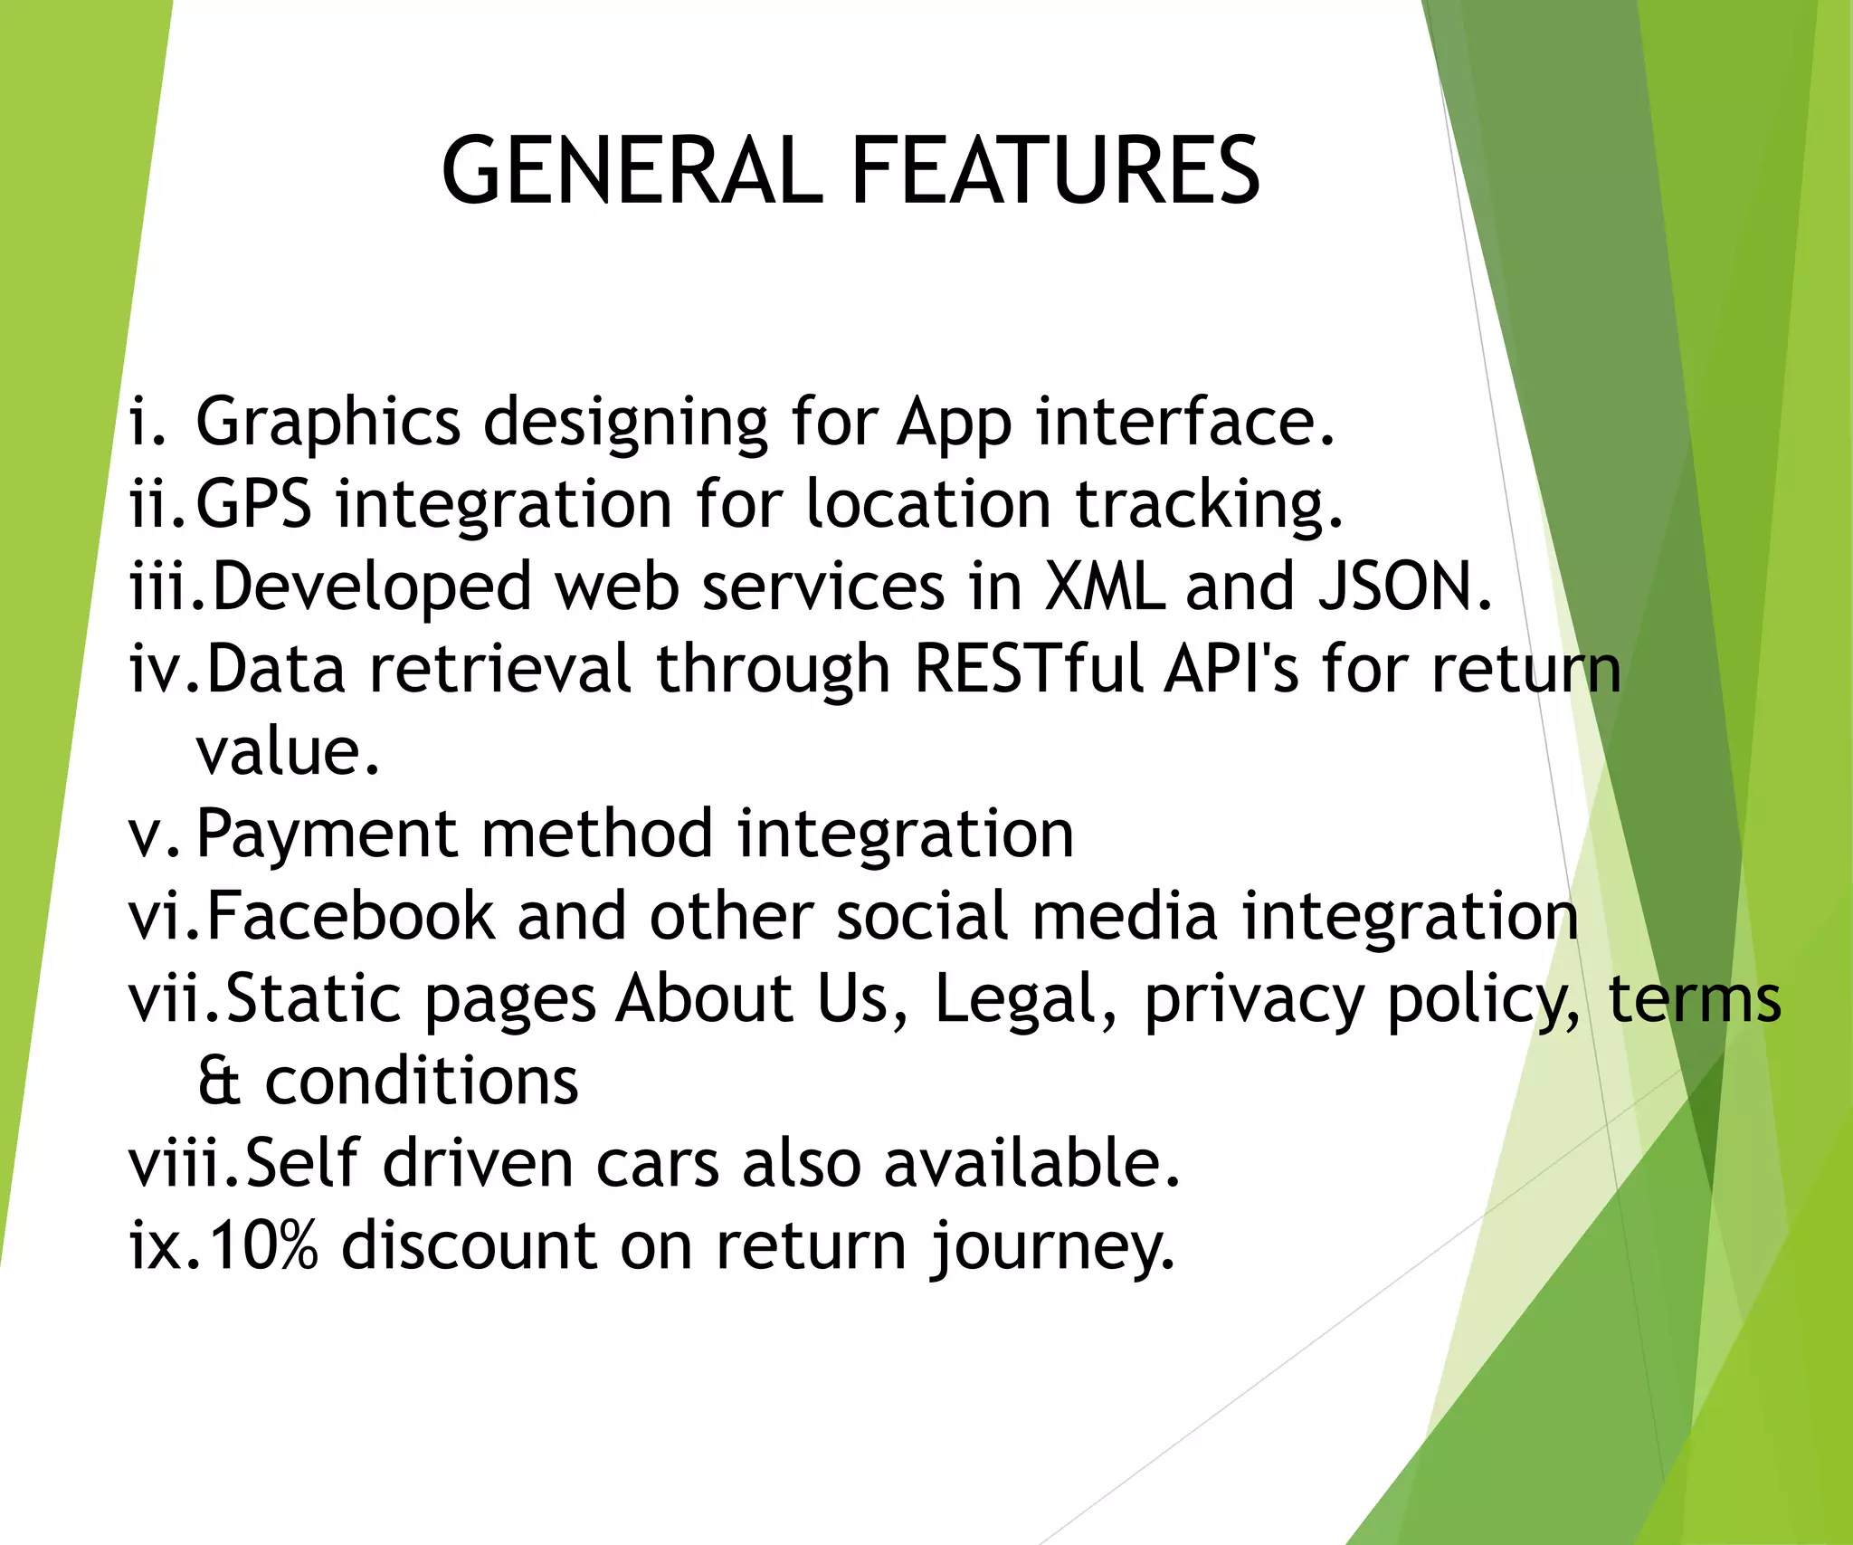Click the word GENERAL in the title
coord(632,170)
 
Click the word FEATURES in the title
coord(1055,170)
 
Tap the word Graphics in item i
coord(328,423)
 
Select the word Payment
coord(327,834)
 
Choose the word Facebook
coord(351,916)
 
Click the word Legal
coord(1015,999)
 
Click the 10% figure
coord(263,1245)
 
